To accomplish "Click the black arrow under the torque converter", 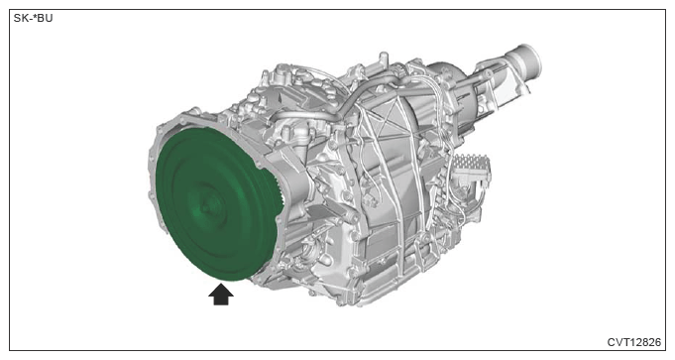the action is click(221, 295).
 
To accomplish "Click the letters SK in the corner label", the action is click(20, 18).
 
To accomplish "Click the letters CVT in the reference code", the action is click(618, 342).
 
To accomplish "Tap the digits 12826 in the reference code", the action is click(644, 342).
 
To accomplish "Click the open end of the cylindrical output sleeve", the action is click(531, 60).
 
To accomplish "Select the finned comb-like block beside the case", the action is click(471, 165).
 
